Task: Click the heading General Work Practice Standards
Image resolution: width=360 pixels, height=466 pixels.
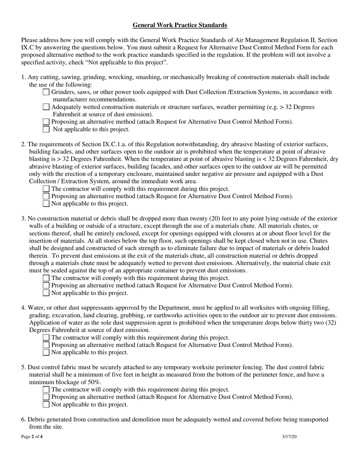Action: (180, 25)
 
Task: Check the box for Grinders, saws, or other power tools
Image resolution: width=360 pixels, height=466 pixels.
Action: (46, 92)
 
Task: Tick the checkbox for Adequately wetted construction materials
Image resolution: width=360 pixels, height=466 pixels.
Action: (46, 107)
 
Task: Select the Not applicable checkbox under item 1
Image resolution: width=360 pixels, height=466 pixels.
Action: (46, 129)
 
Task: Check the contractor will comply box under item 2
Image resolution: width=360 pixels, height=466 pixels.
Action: (46, 189)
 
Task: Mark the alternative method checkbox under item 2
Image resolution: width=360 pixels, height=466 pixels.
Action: (46, 196)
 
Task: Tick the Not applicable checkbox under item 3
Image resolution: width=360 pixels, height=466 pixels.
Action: (46, 293)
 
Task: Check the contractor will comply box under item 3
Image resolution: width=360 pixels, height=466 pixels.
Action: (46, 278)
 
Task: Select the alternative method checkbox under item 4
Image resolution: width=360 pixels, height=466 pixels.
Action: (46, 345)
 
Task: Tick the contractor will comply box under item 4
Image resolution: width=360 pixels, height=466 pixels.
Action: (46, 338)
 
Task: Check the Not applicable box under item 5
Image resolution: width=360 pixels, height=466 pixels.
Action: (46, 405)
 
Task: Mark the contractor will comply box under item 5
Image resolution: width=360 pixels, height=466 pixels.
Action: (46, 389)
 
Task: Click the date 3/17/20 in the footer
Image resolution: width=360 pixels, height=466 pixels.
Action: (290, 437)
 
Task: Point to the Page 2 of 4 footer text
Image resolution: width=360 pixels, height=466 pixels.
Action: (32, 437)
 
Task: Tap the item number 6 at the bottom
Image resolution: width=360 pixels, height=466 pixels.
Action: (23, 419)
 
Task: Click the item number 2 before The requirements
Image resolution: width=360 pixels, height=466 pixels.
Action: (23, 144)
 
